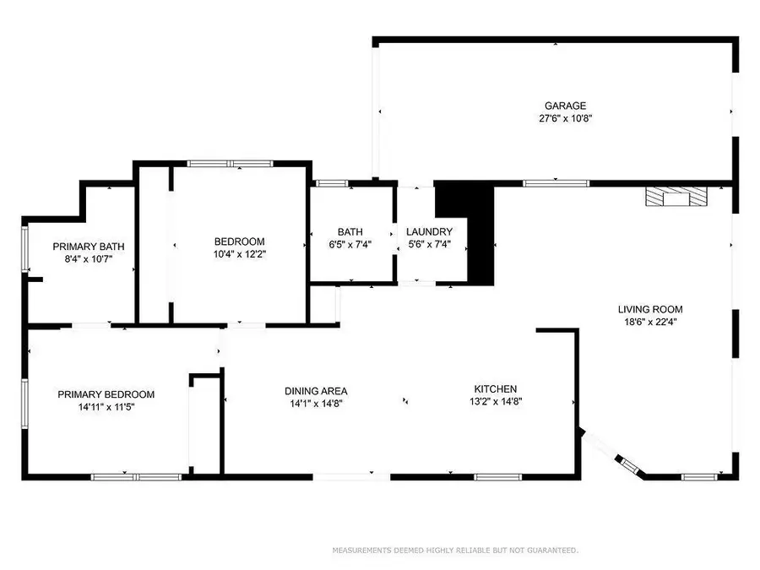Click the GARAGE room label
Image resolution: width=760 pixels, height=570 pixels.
(565, 106)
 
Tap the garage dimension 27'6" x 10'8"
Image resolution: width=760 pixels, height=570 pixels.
(565, 118)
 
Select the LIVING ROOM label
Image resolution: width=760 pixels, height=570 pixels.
(650, 309)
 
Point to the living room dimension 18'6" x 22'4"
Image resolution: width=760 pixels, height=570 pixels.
(650, 322)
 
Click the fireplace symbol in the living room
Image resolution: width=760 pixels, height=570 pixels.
(672, 198)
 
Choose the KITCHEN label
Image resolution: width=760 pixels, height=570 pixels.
(495, 389)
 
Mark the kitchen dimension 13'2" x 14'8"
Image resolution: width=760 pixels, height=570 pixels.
(495, 402)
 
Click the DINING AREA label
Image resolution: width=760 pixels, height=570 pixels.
(316, 391)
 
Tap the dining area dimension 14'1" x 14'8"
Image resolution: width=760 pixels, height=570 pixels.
(316, 403)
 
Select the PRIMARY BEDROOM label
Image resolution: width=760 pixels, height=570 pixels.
(106, 394)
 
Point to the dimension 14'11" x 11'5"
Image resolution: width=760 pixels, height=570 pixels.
(106, 407)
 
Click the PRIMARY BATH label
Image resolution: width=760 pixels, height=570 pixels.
(89, 247)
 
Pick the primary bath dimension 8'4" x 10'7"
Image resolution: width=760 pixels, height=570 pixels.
(89, 259)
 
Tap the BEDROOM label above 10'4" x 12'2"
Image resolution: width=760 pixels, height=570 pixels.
(240, 242)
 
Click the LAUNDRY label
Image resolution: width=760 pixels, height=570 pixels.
(429, 232)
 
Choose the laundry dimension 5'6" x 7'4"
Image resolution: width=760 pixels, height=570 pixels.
(429, 245)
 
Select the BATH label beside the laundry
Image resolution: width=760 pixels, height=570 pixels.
(350, 232)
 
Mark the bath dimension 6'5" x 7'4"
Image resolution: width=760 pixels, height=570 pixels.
(350, 245)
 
